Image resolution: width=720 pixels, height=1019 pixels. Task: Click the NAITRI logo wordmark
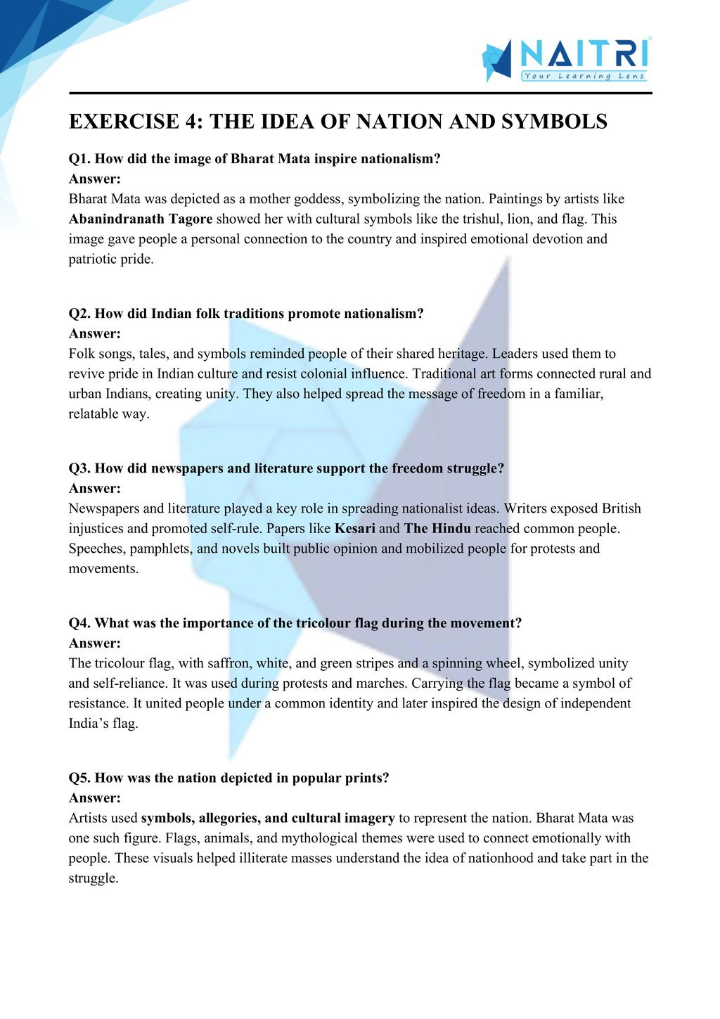[x=584, y=53]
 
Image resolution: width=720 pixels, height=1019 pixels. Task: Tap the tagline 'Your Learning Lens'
[x=584, y=76]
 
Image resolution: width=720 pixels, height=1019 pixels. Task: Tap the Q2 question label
[x=79, y=314]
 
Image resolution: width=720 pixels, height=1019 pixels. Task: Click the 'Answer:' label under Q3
[x=95, y=488]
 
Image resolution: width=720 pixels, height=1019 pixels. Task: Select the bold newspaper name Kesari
[x=354, y=528]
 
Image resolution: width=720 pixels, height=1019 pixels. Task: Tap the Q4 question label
[x=79, y=623]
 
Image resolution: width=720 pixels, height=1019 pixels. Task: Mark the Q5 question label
[x=79, y=778]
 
